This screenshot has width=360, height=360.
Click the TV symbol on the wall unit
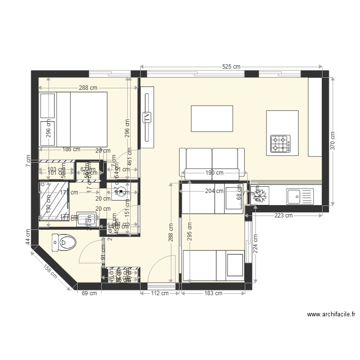pyautogui.click(x=147, y=116)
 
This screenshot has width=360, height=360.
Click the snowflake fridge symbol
pyautogui.click(x=260, y=196)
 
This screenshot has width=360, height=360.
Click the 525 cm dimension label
pyautogui.click(x=230, y=67)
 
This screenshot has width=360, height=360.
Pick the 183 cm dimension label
pyautogui.click(x=213, y=293)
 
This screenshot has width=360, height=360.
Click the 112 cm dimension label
pyautogui.click(x=159, y=293)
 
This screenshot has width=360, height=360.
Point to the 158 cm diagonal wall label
pyautogui.click(x=51, y=272)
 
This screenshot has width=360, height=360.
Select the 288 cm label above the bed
pyautogui.click(x=88, y=88)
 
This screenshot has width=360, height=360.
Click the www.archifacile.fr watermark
pyautogui.click(x=331, y=315)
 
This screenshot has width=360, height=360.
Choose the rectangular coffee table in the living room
pyautogui.click(x=212, y=119)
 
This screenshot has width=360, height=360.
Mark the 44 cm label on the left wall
pyautogui.click(x=28, y=237)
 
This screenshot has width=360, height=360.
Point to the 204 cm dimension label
pyautogui.click(x=214, y=191)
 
